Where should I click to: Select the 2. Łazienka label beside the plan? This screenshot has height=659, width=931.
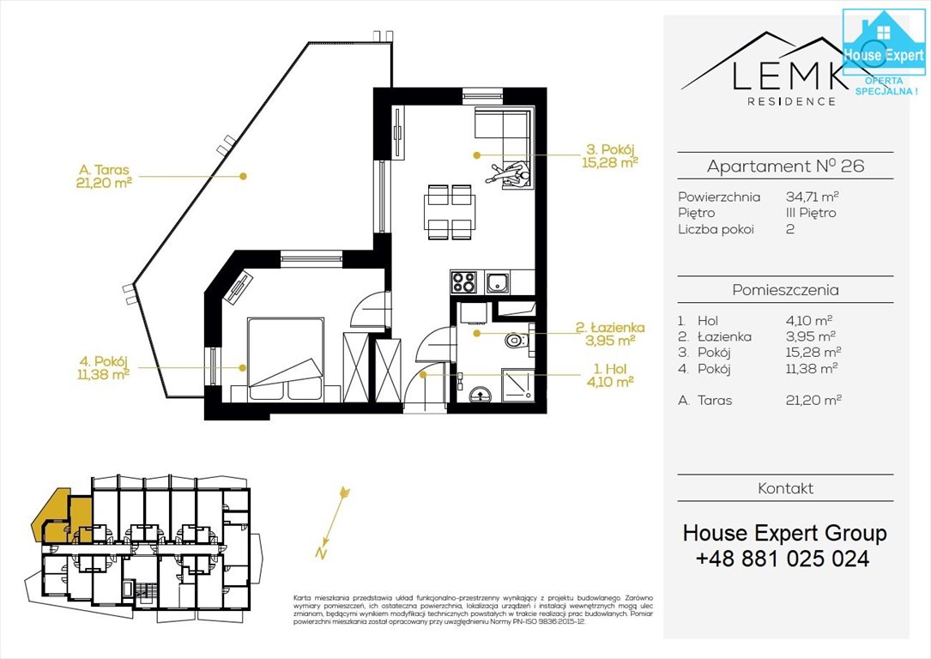tap(610, 333)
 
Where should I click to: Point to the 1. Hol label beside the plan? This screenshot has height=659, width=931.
tap(610, 374)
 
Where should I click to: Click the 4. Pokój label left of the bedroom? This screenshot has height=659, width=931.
tap(102, 367)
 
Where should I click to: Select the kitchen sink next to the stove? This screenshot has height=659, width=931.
tap(497, 281)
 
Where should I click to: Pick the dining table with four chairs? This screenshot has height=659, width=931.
tap(449, 212)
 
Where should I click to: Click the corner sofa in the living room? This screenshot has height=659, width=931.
tap(503, 128)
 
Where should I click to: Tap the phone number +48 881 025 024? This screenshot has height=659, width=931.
tap(783, 559)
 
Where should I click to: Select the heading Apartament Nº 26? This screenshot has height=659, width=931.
tap(784, 166)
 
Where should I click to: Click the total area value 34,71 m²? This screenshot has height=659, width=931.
tap(812, 196)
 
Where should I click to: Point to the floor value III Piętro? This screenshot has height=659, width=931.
tap(811, 213)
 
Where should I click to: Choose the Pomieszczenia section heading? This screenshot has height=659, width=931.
tap(784, 290)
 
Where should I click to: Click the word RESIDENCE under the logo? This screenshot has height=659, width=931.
tap(791, 101)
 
